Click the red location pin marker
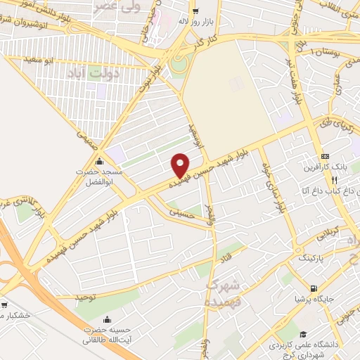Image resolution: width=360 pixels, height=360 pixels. [181, 165]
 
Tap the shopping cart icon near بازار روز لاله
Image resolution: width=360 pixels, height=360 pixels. [195, 11]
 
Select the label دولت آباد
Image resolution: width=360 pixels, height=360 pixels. [95, 72]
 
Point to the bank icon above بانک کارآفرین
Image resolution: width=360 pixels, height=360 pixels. [324, 156]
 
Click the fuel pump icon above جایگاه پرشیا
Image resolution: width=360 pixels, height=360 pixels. [313, 288]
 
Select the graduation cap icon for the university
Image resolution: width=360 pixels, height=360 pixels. [302, 335]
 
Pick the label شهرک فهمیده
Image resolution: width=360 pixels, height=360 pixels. [224, 292]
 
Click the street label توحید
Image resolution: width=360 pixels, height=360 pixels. [85, 297]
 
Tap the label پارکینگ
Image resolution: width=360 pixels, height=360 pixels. [313, 259]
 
